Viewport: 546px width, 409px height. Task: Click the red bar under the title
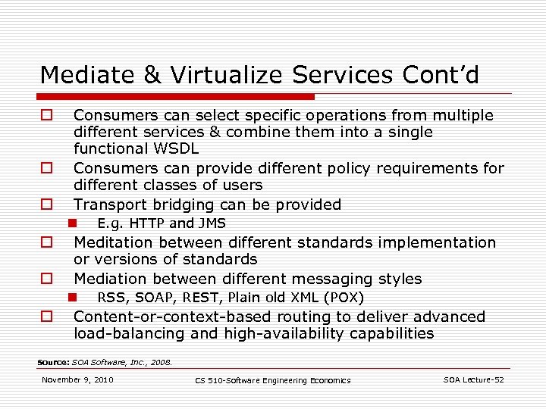pyautogui.click(x=177, y=97)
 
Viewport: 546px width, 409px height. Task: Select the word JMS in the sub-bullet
pyautogui.click(x=212, y=223)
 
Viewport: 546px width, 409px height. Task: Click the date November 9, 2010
pyautogui.click(x=77, y=379)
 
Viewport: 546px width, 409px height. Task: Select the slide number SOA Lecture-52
pyautogui.click(x=473, y=379)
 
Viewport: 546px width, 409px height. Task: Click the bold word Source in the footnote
pyautogui.click(x=53, y=362)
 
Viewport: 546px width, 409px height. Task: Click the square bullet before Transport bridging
pyautogui.click(x=46, y=204)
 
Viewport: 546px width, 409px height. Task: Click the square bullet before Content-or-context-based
pyautogui.click(x=46, y=317)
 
